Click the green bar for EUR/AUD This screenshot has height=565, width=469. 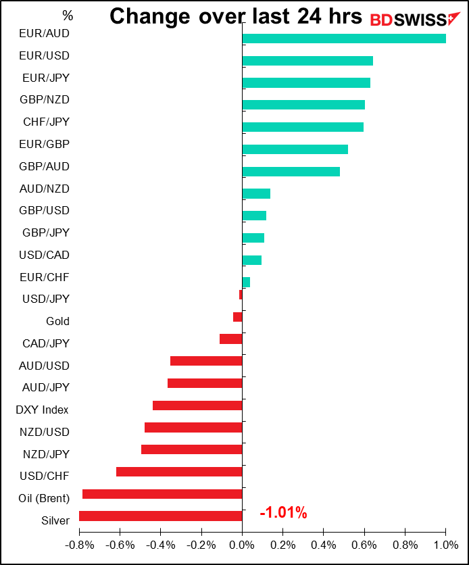tap(343, 39)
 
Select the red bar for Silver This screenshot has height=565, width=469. tap(161, 516)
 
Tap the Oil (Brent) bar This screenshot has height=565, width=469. tap(162, 494)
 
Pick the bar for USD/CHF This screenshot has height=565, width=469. tap(179, 472)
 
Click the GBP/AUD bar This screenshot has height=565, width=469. tap(291, 172)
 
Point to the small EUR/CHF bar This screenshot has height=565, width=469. tap(246, 282)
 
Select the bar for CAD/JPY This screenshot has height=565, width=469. tap(231, 339)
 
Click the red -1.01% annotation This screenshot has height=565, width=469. tap(283, 514)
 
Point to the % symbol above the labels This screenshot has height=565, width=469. tap(68, 15)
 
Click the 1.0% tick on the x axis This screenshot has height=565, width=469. tap(445, 544)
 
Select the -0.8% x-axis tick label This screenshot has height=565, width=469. tap(78, 544)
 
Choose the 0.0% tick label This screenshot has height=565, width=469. tap(242, 544)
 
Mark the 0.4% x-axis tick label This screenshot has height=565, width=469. tap(324, 544)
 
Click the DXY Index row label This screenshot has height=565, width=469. tap(42, 410)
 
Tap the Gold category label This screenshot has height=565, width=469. tap(57, 321)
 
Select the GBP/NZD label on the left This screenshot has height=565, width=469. tap(45, 99)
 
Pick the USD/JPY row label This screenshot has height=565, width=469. tap(45, 299)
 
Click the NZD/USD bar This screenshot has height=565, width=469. tap(193, 428)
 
